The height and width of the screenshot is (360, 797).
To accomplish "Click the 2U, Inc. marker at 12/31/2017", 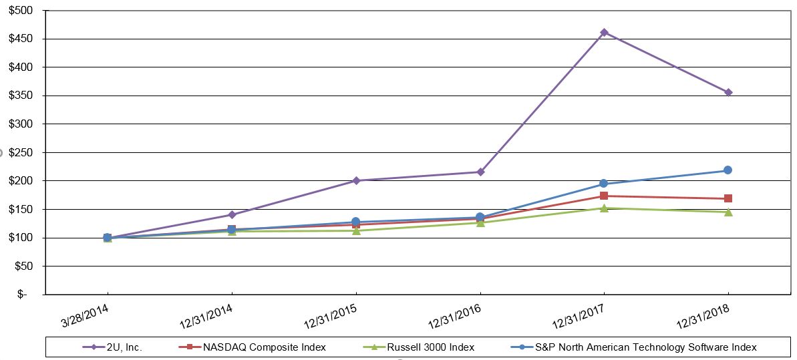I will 604,32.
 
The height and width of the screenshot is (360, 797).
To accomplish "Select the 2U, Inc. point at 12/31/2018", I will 728,92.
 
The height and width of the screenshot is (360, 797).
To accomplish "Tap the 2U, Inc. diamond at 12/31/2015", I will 356,180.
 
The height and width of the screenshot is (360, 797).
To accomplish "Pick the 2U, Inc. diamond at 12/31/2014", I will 232,214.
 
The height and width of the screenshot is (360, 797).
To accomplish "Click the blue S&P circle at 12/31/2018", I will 728,170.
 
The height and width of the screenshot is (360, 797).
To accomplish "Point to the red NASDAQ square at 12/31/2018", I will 728,198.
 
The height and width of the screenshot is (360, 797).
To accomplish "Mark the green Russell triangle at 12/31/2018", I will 728,212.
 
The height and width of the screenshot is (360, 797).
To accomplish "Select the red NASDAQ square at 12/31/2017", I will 604,196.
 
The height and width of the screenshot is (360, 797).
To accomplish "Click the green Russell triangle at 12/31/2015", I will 356,230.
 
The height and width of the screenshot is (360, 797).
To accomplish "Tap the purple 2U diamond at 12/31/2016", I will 480,172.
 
